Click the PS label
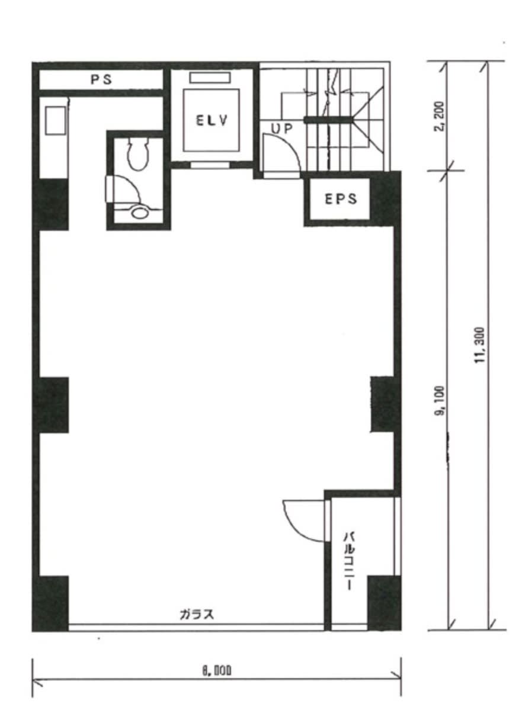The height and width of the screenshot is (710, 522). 101,80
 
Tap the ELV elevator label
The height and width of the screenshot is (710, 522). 211,120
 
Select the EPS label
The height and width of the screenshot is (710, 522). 340,199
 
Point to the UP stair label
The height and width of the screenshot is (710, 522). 281,128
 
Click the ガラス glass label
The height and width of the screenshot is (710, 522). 197,614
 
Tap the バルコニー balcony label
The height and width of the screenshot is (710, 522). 348,561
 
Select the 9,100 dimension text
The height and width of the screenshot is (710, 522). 440,401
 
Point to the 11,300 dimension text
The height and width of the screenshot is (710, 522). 480,345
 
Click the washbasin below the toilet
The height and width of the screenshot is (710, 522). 140,211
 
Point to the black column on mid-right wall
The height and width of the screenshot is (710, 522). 382,404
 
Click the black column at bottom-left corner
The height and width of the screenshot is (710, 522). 51,603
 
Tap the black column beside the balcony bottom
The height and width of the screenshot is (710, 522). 383,603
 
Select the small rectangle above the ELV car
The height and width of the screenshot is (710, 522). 210,78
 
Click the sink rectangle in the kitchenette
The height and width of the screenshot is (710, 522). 55,120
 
